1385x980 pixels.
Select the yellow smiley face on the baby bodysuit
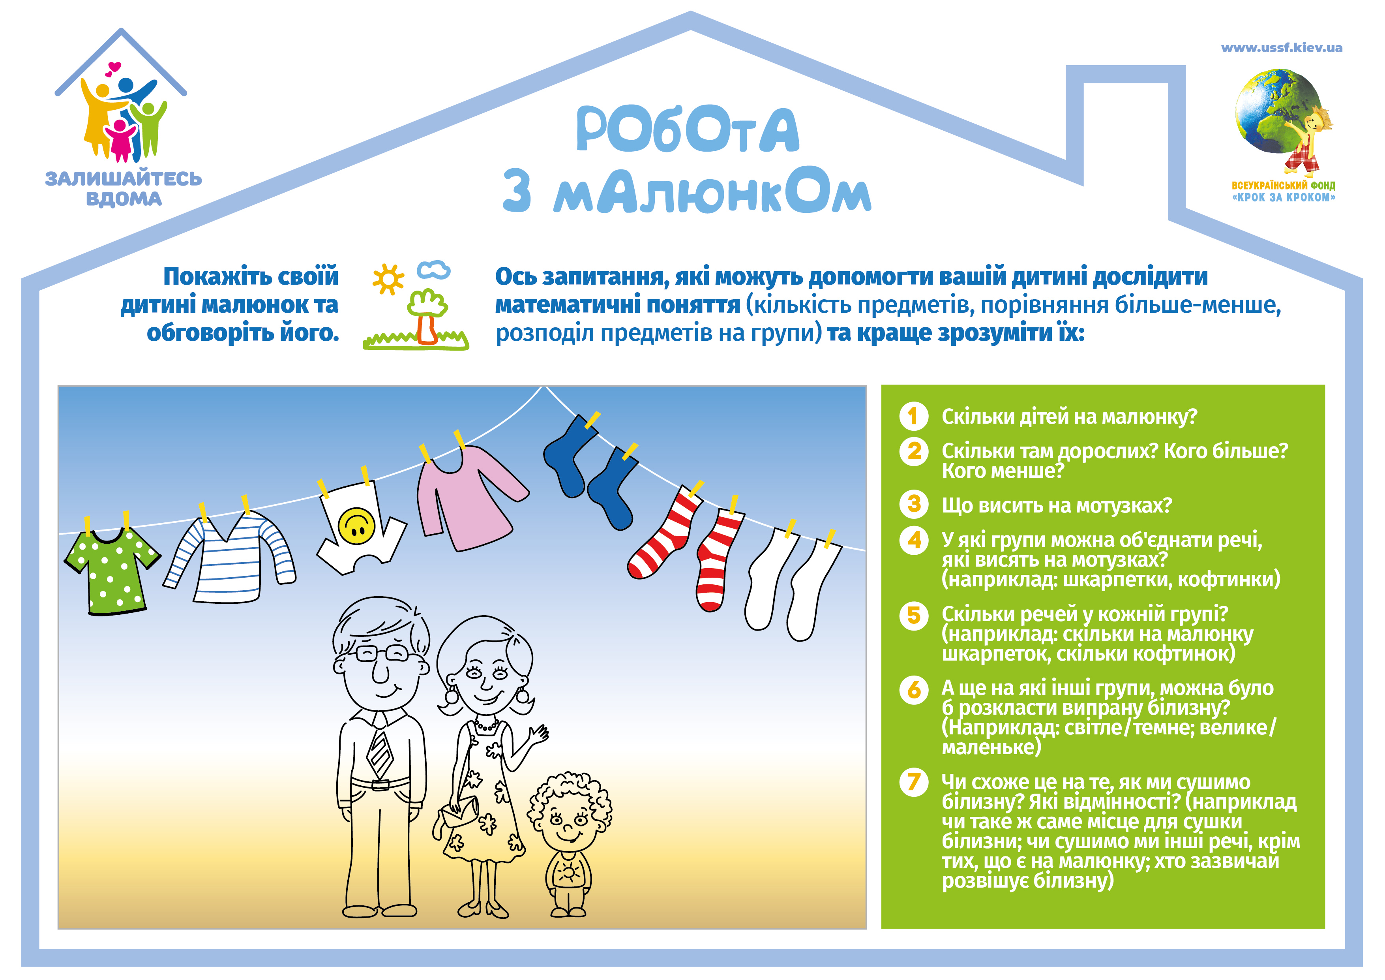[356, 526]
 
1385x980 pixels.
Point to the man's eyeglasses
[382, 653]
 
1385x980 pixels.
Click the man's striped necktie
[380, 754]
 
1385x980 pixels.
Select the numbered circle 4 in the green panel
[913, 539]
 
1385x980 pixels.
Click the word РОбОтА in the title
[688, 130]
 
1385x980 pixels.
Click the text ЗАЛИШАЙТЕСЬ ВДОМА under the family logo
[124, 188]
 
